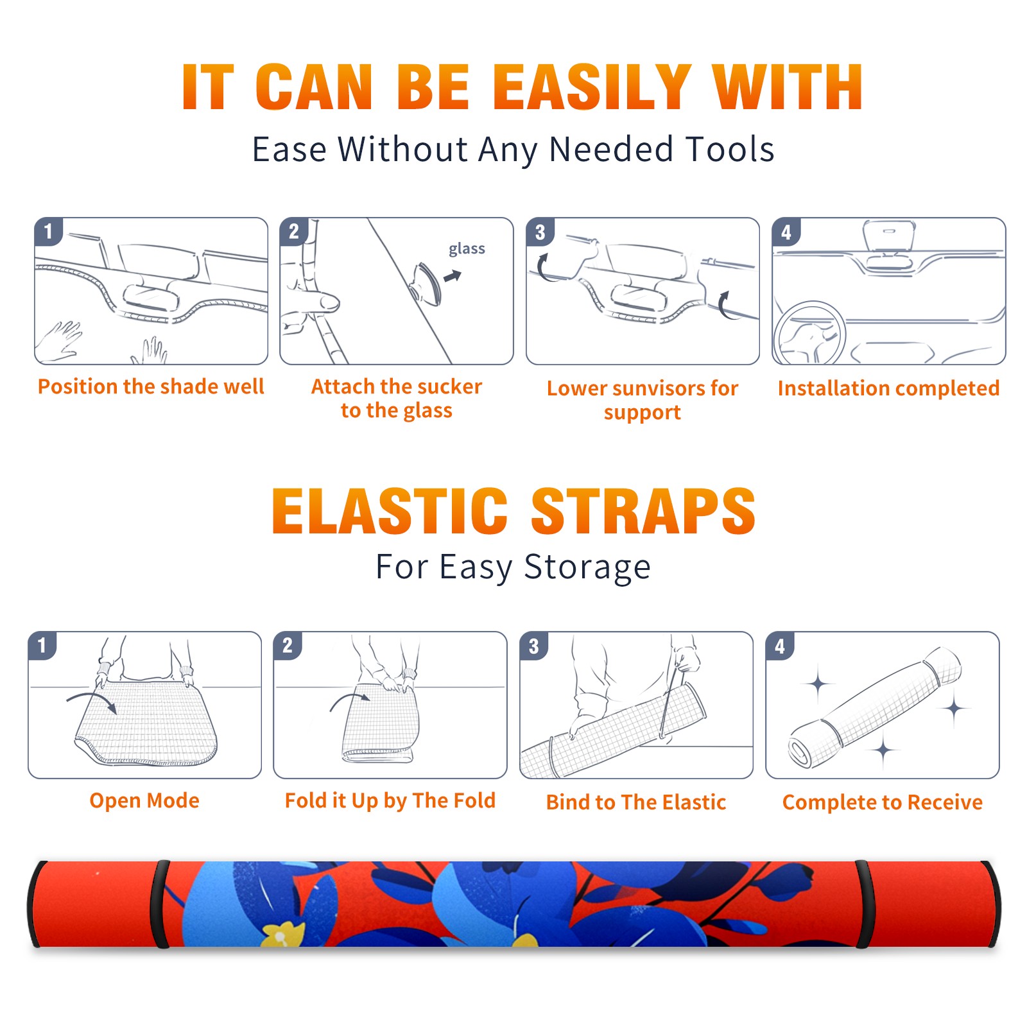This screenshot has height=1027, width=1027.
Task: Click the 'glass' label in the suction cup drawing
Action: click(x=467, y=248)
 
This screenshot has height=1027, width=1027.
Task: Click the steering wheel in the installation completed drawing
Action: click(x=809, y=333)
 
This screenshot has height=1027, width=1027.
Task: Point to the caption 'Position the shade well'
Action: click(x=151, y=386)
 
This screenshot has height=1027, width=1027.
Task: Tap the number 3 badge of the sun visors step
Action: click(x=540, y=232)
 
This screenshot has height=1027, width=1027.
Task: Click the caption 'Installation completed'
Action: click(x=888, y=388)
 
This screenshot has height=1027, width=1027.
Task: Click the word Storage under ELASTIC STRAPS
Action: click(x=587, y=567)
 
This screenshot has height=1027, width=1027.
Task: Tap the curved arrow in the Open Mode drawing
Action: click(x=92, y=700)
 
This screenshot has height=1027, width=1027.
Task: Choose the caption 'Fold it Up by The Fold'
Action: click(x=390, y=800)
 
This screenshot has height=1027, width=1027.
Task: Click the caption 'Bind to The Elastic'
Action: click(x=636, y=802)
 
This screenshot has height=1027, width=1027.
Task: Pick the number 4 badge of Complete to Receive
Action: click(x=780, y=646)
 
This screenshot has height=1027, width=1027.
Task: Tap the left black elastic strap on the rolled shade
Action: click(x=159, y=904)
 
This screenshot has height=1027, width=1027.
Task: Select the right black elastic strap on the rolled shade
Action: click(x=864, y=904)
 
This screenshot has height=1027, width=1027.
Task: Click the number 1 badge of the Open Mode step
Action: click(x=42, y=646)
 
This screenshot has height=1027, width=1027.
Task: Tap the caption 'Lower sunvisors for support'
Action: click(x=643, y=400)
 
